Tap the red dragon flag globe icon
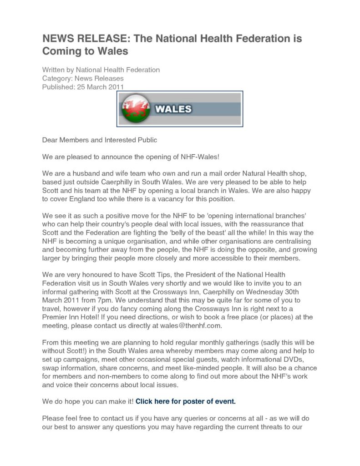coord(136,108)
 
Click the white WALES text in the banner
coord(173,109)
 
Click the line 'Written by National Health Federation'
coord(101,70)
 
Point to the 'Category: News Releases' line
coord(83,78)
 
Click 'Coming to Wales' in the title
coord(85,51)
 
